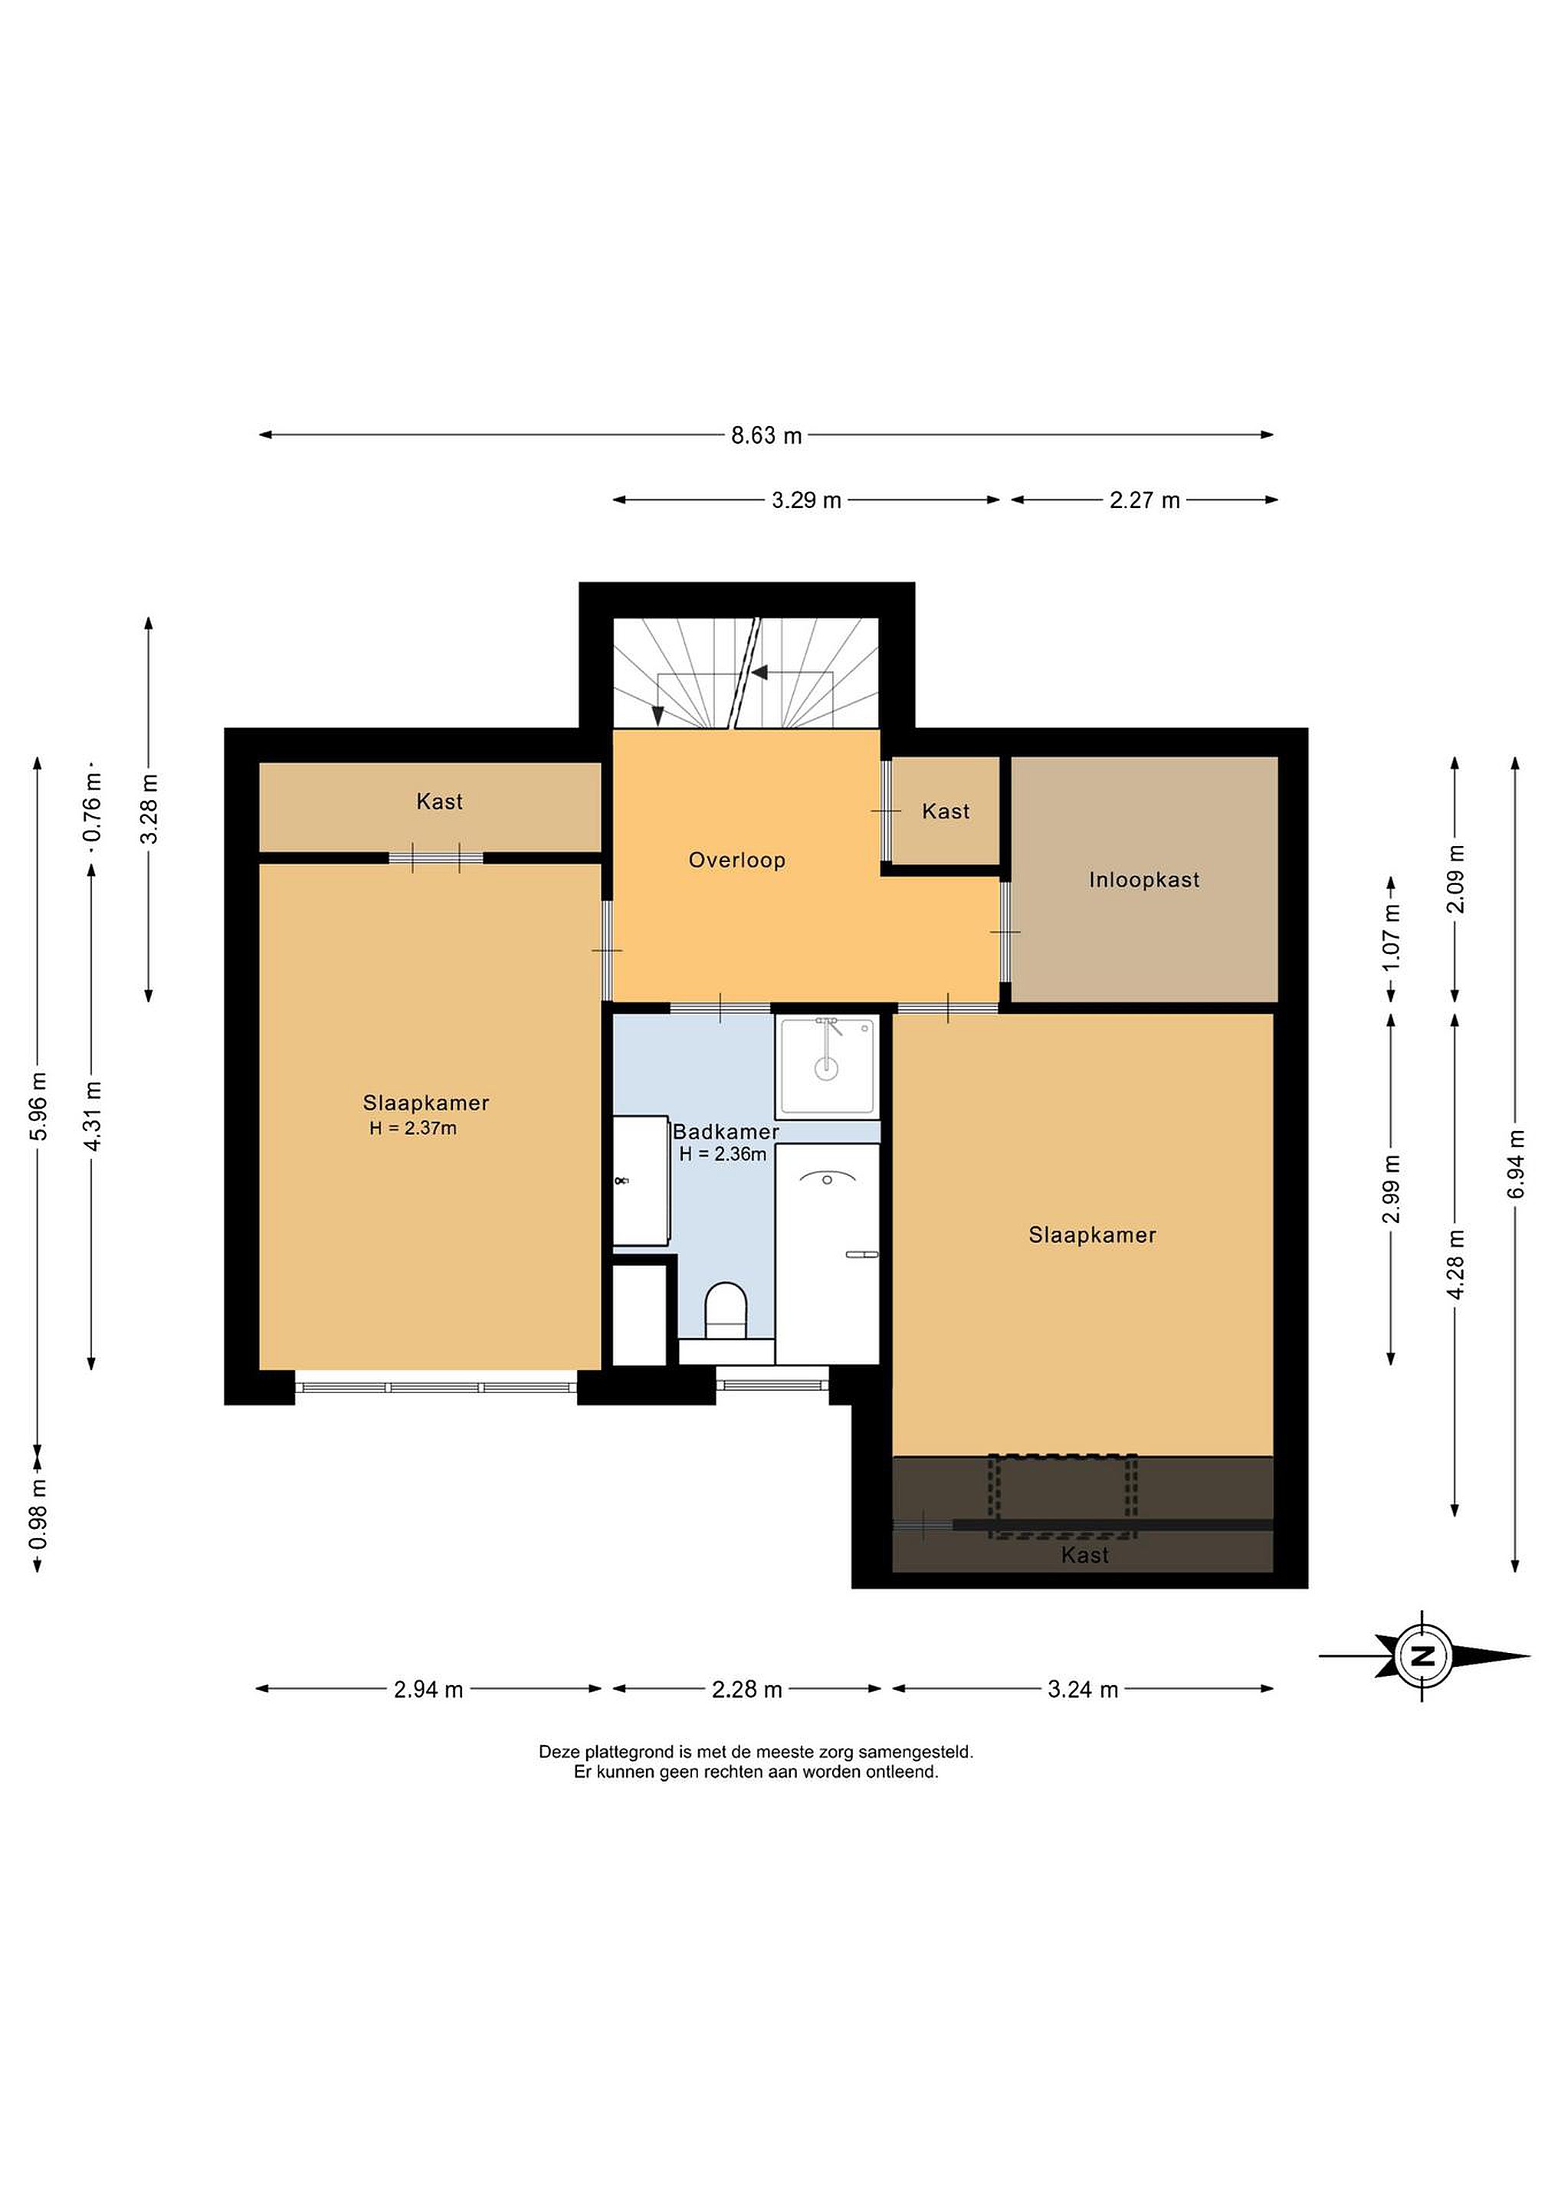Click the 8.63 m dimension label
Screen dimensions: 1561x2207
point(766,435)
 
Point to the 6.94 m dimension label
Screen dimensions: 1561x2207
point(1516,1164)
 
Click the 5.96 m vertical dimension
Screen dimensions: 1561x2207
point(38,1107)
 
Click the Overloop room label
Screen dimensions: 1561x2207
point(737,861)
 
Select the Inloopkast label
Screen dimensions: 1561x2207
point(1144,880)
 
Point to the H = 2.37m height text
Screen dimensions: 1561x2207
point(413,1129)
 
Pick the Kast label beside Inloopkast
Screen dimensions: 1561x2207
point(946,812)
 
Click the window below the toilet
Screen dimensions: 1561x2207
point(772,1386)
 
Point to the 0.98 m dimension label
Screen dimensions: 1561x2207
point(38,1514)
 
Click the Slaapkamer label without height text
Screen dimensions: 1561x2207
point(1092,1235)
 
